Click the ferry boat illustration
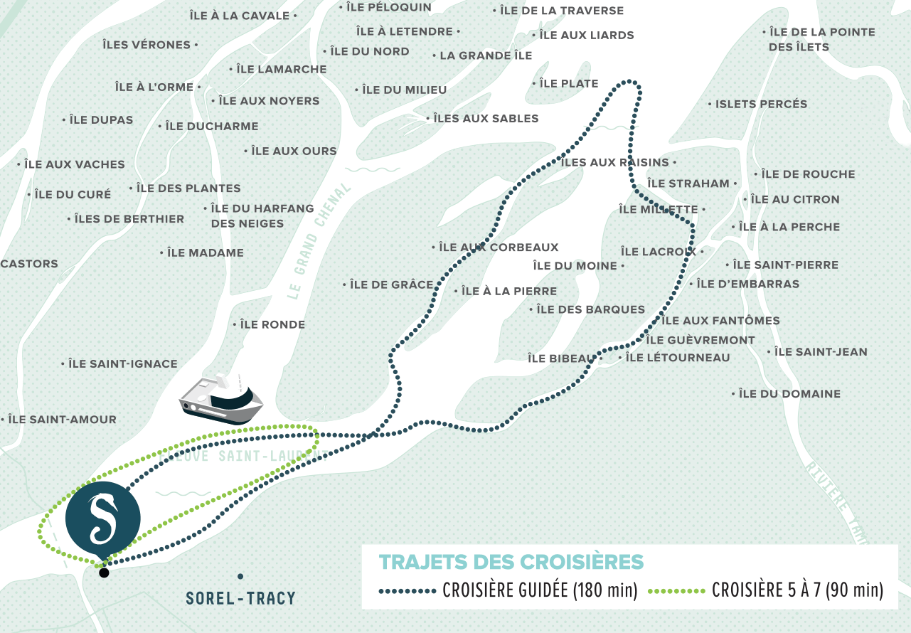pos(221,400)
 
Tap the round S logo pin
pos(103,515)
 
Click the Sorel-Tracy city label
pos(240,598)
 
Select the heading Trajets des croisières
pos(511,561)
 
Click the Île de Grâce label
pos(391,284)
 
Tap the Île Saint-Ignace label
pos(123,363)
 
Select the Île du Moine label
pos(575,265)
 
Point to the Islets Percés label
pos(761,104)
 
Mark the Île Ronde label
pos(272,324)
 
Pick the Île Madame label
pos(206,252)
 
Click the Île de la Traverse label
pos(562,11)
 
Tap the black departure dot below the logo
pos(105,573)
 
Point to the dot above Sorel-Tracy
pos(240,576)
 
